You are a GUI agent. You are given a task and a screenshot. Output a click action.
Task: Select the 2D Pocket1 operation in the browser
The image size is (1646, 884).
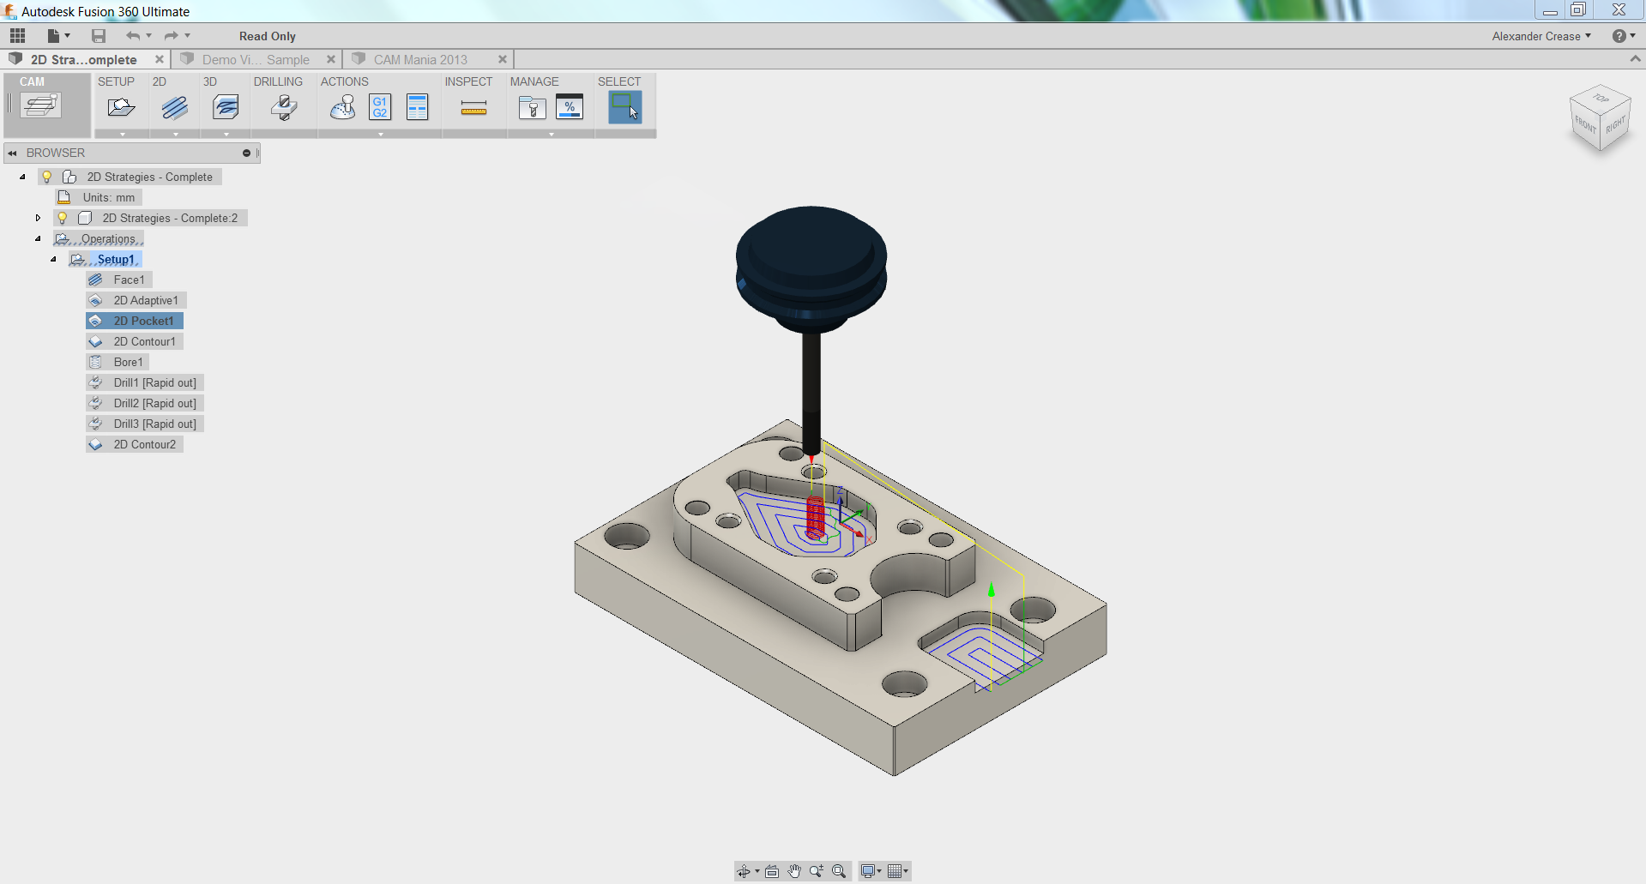click(143, 321)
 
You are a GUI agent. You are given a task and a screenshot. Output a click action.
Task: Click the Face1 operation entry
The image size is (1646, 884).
click(129, 280)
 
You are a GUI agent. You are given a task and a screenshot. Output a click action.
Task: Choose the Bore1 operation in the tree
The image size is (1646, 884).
click(128, 362)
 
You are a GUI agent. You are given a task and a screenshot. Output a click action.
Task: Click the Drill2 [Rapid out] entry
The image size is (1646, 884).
click(154, 403)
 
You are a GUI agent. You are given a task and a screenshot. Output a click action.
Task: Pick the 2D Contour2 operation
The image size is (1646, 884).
click(144, 444)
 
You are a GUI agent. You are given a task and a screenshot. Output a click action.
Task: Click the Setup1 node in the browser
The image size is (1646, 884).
click(115, 259)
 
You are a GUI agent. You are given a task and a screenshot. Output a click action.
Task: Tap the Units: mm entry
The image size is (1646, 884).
click(108, 197)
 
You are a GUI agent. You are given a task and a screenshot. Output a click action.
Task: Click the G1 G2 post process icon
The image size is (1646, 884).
click(379, 107)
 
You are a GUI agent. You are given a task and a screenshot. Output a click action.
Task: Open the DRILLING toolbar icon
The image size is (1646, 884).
click(283, 107)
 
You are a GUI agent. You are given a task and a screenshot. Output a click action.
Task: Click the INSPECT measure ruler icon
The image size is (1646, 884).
click(473, 107)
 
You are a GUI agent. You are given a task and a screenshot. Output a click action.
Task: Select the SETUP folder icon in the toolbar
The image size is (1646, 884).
click(121, 107)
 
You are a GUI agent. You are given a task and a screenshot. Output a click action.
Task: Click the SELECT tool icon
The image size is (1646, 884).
click(624, 107)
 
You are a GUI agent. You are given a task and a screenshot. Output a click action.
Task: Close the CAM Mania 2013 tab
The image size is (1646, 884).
click(503, 59)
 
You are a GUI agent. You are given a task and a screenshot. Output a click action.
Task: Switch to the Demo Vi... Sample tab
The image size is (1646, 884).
click(255, 59)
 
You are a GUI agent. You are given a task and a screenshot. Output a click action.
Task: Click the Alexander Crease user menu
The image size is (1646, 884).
click(1540, 36)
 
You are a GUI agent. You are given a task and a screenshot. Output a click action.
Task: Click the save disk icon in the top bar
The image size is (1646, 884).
click(99, 36)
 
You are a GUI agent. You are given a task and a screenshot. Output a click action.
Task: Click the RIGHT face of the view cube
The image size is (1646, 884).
click(1615, 126)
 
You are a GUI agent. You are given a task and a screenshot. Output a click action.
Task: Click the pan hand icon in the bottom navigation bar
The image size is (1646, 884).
click(794, 871)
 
